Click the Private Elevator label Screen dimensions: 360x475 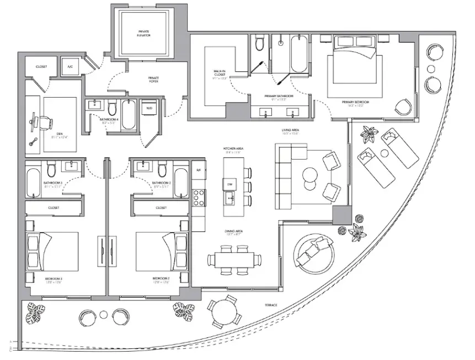coord(144,33)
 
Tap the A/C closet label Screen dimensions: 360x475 coord(70,66)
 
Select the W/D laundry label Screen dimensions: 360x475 coord(149,108)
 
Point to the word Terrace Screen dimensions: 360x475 coord(270,305)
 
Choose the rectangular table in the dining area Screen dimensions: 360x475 coord(234,260)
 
